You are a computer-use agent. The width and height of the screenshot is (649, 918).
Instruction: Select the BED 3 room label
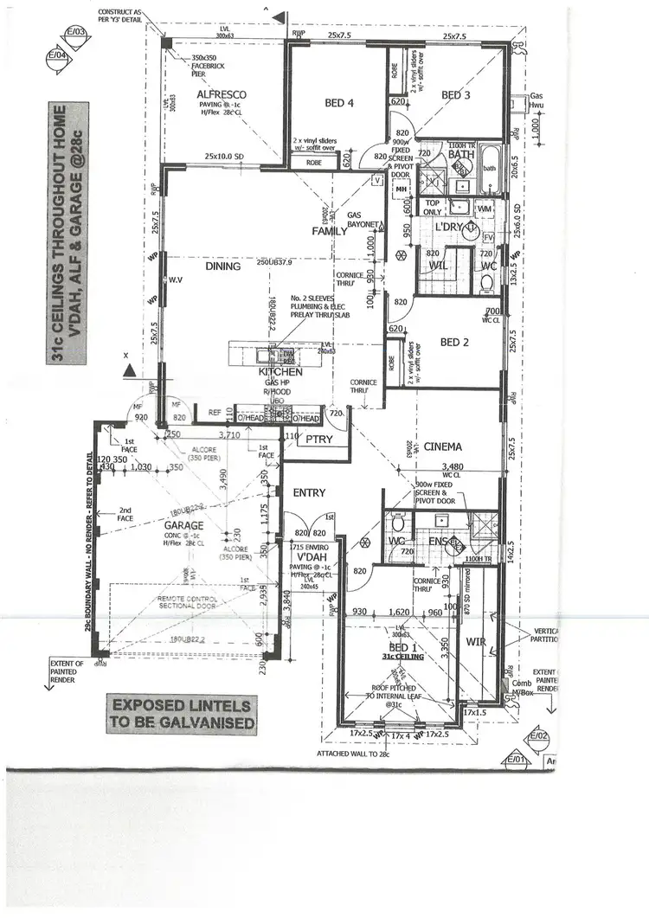455,94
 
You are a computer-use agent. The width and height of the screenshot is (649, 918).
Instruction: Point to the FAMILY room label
330,231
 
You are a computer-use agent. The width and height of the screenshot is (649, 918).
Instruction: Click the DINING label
222,268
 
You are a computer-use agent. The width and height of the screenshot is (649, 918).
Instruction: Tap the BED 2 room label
455,342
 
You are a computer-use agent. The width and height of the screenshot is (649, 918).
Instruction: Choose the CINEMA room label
442,447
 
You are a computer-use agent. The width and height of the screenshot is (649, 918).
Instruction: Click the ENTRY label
309,492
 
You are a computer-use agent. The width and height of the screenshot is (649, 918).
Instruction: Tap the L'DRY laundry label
451,226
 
